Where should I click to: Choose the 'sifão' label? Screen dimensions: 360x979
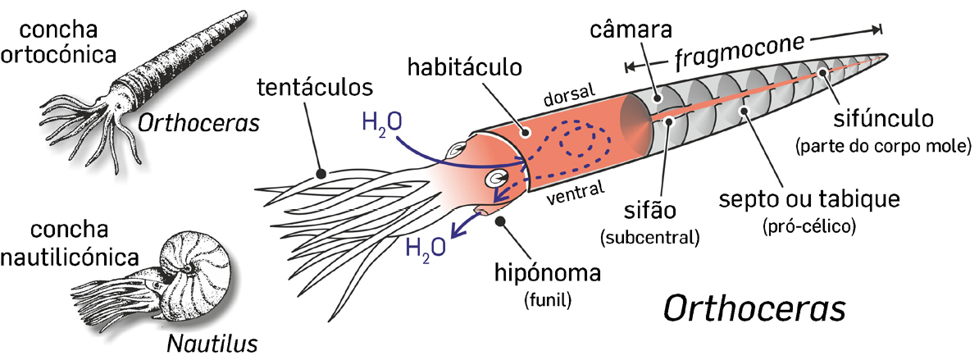click(649, 212)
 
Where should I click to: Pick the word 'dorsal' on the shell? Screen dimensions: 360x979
click(568, 95)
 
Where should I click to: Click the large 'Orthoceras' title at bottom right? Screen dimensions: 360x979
click(754, 310)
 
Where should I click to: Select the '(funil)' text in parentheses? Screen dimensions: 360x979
click(547, 299)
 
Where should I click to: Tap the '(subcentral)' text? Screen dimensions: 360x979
click(649, 238)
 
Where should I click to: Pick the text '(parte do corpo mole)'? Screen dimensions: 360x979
click(883, 147)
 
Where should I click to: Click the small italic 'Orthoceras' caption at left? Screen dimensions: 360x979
click(198, 124)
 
